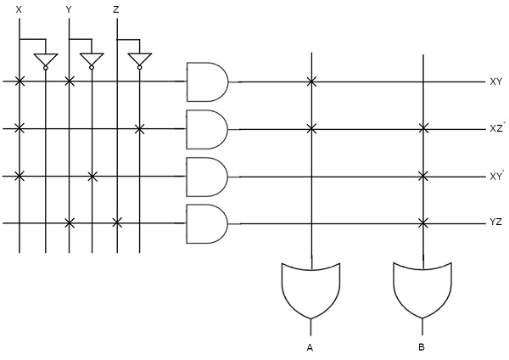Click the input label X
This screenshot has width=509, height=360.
tap(19, 9)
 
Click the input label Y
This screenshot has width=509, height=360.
tap(68, 9)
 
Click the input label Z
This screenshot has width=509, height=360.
tap(115, 9)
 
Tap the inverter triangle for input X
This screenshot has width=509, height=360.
tap(44, 60)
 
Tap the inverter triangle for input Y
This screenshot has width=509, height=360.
tap(92, 60)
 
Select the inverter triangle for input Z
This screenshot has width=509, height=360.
tap(139, 60)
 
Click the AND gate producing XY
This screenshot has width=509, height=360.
tap(206, 82)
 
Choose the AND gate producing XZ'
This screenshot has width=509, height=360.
tap(206, 129)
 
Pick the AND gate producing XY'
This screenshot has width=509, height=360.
tap(206, 177)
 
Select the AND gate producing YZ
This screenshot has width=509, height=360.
tap(206, 224)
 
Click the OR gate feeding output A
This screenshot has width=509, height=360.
tap(311, 289)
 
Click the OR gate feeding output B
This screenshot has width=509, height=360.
tap(422, 289)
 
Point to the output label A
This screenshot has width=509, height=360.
tap(311, 347)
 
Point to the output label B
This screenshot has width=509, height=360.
tap(422, 347)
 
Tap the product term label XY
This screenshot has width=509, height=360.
tap(495, 82)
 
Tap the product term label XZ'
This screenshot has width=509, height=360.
tap(497, 129)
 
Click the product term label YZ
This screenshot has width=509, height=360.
tap(495, 224)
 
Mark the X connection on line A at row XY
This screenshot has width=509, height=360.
tap(311, 82)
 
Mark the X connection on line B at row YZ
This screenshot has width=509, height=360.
tap(422, 224)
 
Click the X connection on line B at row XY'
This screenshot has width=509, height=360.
tap(422, 177)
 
